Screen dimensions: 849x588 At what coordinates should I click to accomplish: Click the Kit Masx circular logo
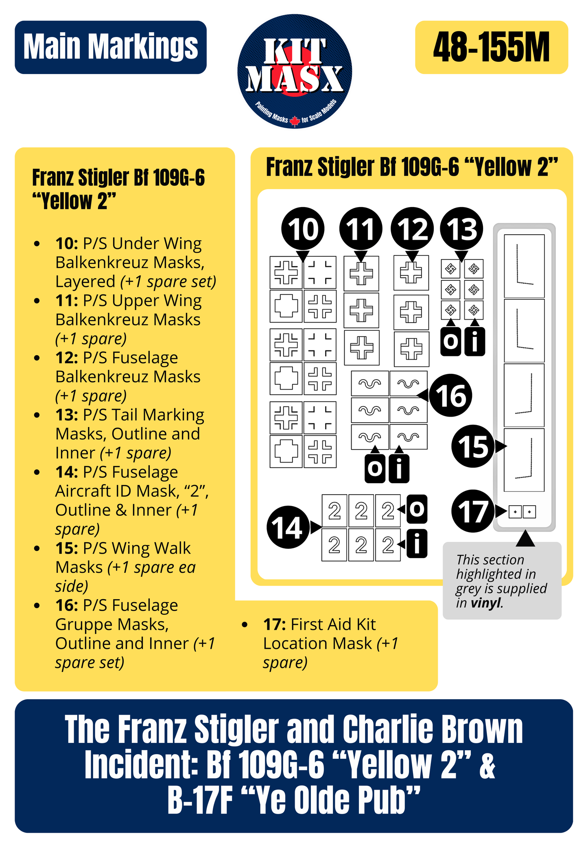(x=294, y=72)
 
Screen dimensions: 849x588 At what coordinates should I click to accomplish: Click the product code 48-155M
(x=491, y=48)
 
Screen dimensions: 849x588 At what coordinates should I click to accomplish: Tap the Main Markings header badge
(x=110, y=47)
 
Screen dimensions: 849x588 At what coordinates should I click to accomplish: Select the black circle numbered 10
(x=303, y=229)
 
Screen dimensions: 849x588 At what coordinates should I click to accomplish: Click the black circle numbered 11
(x=361, y=229)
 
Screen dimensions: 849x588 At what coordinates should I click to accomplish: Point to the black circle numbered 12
(x=412, y=229)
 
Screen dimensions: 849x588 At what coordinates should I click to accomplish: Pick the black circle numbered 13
(x=461, y=229)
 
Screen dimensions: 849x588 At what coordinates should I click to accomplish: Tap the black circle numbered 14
(x=287, y=527)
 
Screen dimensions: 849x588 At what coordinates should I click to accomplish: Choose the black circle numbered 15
(x=472, y=446)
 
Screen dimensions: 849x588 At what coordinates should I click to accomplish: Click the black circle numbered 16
(x=450, y=395)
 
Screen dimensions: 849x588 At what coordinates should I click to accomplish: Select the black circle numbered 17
(x=472, y=511)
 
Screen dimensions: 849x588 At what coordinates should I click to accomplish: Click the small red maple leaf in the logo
(x=295, y=121)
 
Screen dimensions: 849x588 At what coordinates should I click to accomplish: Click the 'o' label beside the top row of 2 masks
(x=417, y=509)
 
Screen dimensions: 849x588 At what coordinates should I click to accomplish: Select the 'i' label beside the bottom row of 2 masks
(x=417, y=543)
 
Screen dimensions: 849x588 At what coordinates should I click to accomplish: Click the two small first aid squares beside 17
(x=522, y=512)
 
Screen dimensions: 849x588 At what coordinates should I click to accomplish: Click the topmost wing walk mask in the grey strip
(x=524, y=266)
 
